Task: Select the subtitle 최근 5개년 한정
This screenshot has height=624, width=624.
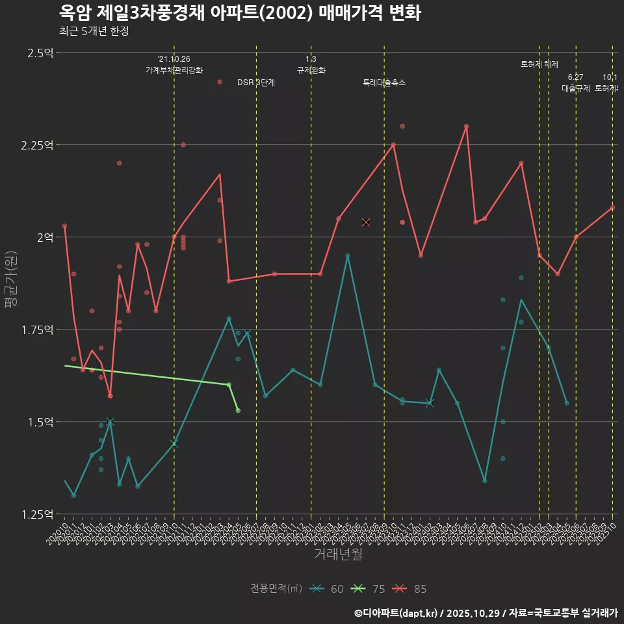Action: tap(94, 31)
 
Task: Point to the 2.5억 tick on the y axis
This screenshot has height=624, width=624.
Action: tap(40, 53)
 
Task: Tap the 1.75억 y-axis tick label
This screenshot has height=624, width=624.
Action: tap(37, 330)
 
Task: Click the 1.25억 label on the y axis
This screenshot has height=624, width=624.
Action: tap(37, 514)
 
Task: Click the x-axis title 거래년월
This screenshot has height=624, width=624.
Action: tap(338, 554)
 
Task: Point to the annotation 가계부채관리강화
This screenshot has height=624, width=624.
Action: tap(174, 70)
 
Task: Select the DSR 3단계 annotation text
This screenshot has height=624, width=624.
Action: tap(256, 83)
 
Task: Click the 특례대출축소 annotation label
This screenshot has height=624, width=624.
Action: tap(384, 83)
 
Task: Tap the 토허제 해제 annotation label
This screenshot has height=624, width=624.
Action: tap(539, 64)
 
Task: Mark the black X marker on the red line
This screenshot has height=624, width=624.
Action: tap(366, 222)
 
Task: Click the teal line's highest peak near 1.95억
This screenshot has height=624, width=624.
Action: tap(348, 256)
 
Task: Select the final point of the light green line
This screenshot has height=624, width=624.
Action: tap(238, 411)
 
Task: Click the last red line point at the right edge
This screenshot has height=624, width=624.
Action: tap(612, 207)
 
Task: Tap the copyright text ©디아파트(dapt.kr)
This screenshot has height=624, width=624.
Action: tap(396, 613)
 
